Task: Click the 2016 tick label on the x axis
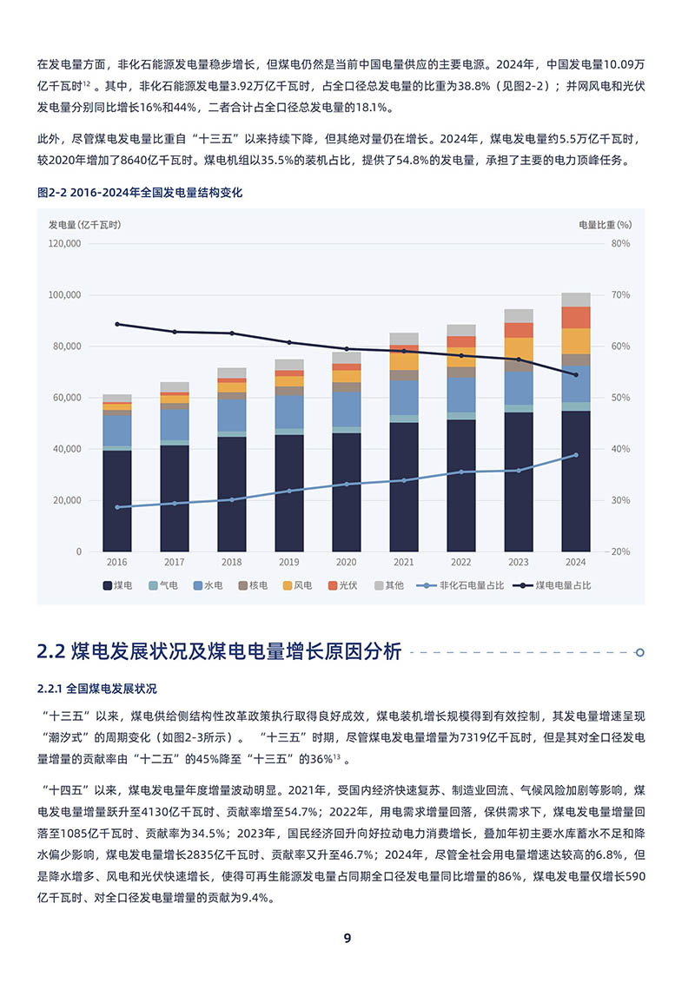(x=116, y=562)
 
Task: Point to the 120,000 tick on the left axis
(x=64, y=244)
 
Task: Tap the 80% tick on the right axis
(x=620, y=244)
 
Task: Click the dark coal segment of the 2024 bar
(x=575, y=482)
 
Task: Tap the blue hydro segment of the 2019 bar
(x=288, y=412)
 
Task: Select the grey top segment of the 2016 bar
(x=116, y=399)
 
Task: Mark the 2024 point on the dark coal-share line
(x=575, y=375)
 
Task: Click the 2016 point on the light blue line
(x=116, y=507)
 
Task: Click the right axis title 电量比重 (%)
(x=605, y=224)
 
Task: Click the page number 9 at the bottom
(x=347, y=939)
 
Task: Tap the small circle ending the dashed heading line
(x=640, y=652)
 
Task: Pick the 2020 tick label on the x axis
(x=346, y=562)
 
